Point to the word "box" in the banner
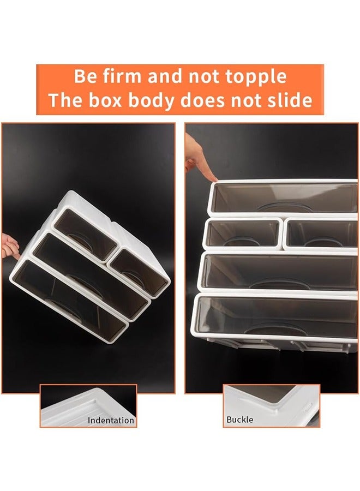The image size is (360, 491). (x=112, y=100)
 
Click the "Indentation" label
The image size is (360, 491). (x=111, y=421)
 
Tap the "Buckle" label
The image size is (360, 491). (x=240, y=420)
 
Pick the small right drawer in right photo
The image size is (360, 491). (x=321, y=233)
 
